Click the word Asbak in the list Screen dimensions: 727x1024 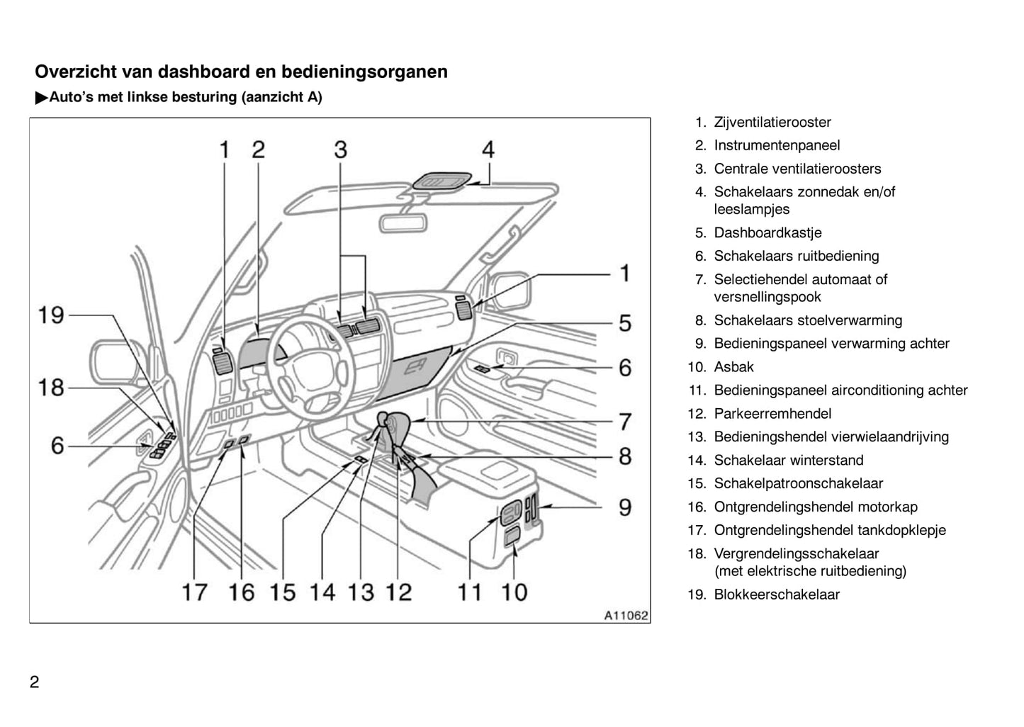733,367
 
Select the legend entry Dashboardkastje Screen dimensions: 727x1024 767,233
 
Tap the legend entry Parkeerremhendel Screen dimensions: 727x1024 772,414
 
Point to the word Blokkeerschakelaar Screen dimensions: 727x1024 777,595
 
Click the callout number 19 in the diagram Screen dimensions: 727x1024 52,315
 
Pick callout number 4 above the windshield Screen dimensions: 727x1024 488,150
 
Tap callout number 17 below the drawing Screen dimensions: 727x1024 194,592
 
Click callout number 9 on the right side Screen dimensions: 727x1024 624,507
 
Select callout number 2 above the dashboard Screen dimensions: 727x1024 258,150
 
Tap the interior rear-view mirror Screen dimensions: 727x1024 404,220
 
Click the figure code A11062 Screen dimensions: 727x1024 626,616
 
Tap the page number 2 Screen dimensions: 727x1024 35,682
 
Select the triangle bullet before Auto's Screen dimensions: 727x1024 41,98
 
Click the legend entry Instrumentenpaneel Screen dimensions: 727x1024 777,146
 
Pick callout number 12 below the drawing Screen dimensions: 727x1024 398,592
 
